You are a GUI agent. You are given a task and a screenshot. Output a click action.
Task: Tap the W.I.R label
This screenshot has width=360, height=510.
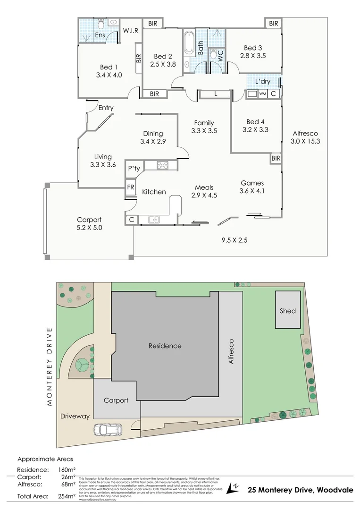[130, 31]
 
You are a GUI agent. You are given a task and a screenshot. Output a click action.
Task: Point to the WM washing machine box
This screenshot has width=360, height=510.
[262, 94]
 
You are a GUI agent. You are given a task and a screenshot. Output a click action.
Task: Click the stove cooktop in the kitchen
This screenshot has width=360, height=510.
[163, 165]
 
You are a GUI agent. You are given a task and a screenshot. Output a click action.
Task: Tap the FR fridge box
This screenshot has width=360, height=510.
[131, 187]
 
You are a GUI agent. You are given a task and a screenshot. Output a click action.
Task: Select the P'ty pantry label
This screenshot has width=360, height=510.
[134, 169]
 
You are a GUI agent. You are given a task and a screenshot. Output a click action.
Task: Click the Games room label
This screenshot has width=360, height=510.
[252, 183]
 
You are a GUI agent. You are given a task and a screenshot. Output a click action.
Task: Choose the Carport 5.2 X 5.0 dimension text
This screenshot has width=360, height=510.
[89, 228]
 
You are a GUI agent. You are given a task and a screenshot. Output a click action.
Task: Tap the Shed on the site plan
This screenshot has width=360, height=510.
[287, 310]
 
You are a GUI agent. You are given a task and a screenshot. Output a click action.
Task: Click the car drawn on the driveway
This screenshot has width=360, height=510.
[108, 430]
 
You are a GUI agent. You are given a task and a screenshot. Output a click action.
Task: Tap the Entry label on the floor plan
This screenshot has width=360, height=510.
[106, 108]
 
